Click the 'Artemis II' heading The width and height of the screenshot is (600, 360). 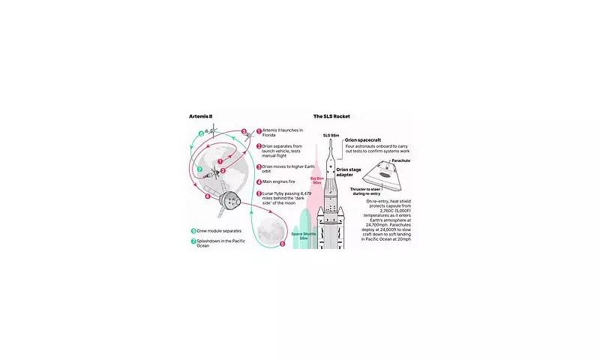point(200,116)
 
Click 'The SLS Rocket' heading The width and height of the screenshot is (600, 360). point(331,116)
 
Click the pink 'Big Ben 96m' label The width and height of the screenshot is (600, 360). point(316,181)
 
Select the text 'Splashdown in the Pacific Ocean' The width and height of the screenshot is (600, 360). point(223,244)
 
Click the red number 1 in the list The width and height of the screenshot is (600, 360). point(259,130)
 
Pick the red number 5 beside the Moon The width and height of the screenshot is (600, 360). point(282,244)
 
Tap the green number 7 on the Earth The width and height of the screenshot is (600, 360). point(200,169)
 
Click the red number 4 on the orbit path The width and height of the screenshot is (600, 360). point(208,196)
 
